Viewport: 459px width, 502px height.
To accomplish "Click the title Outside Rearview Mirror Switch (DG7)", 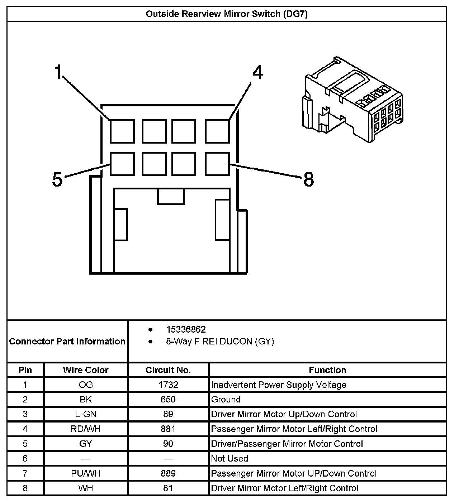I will click(x=227, y=14).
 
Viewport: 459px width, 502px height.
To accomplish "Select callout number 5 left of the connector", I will click(x=57, y=179).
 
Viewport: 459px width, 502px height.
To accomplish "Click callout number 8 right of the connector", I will click(x=308, y=179).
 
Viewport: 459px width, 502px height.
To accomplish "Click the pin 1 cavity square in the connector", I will click(x=122, y=131).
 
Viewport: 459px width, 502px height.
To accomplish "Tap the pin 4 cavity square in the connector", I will click(x=217, y=131).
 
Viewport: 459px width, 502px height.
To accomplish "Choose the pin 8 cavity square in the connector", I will click(x=217, y=164).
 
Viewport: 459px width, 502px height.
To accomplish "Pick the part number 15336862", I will click(x=186, y=329).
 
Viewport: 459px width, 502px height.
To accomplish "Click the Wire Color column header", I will click(x=85, y=370).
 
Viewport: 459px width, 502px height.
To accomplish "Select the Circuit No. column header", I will click(x=168, y=370).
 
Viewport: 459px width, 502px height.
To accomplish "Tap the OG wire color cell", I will click(x=85, y=385).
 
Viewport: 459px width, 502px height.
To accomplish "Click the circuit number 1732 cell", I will click(x=168, y=385).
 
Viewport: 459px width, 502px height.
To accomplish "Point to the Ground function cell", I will click(x=226, y=400).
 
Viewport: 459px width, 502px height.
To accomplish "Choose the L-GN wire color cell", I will click(x=85, y=414).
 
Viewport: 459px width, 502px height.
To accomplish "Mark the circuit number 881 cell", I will click(x=168, y=429).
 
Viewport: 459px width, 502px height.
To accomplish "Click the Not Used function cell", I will click(x=229, y=459).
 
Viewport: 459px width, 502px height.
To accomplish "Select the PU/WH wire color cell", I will click(x=85, y=473).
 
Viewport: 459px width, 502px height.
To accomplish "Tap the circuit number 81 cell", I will click(x=168, y=488).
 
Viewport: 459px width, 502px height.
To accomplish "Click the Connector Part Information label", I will click(x=67, y=341).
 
